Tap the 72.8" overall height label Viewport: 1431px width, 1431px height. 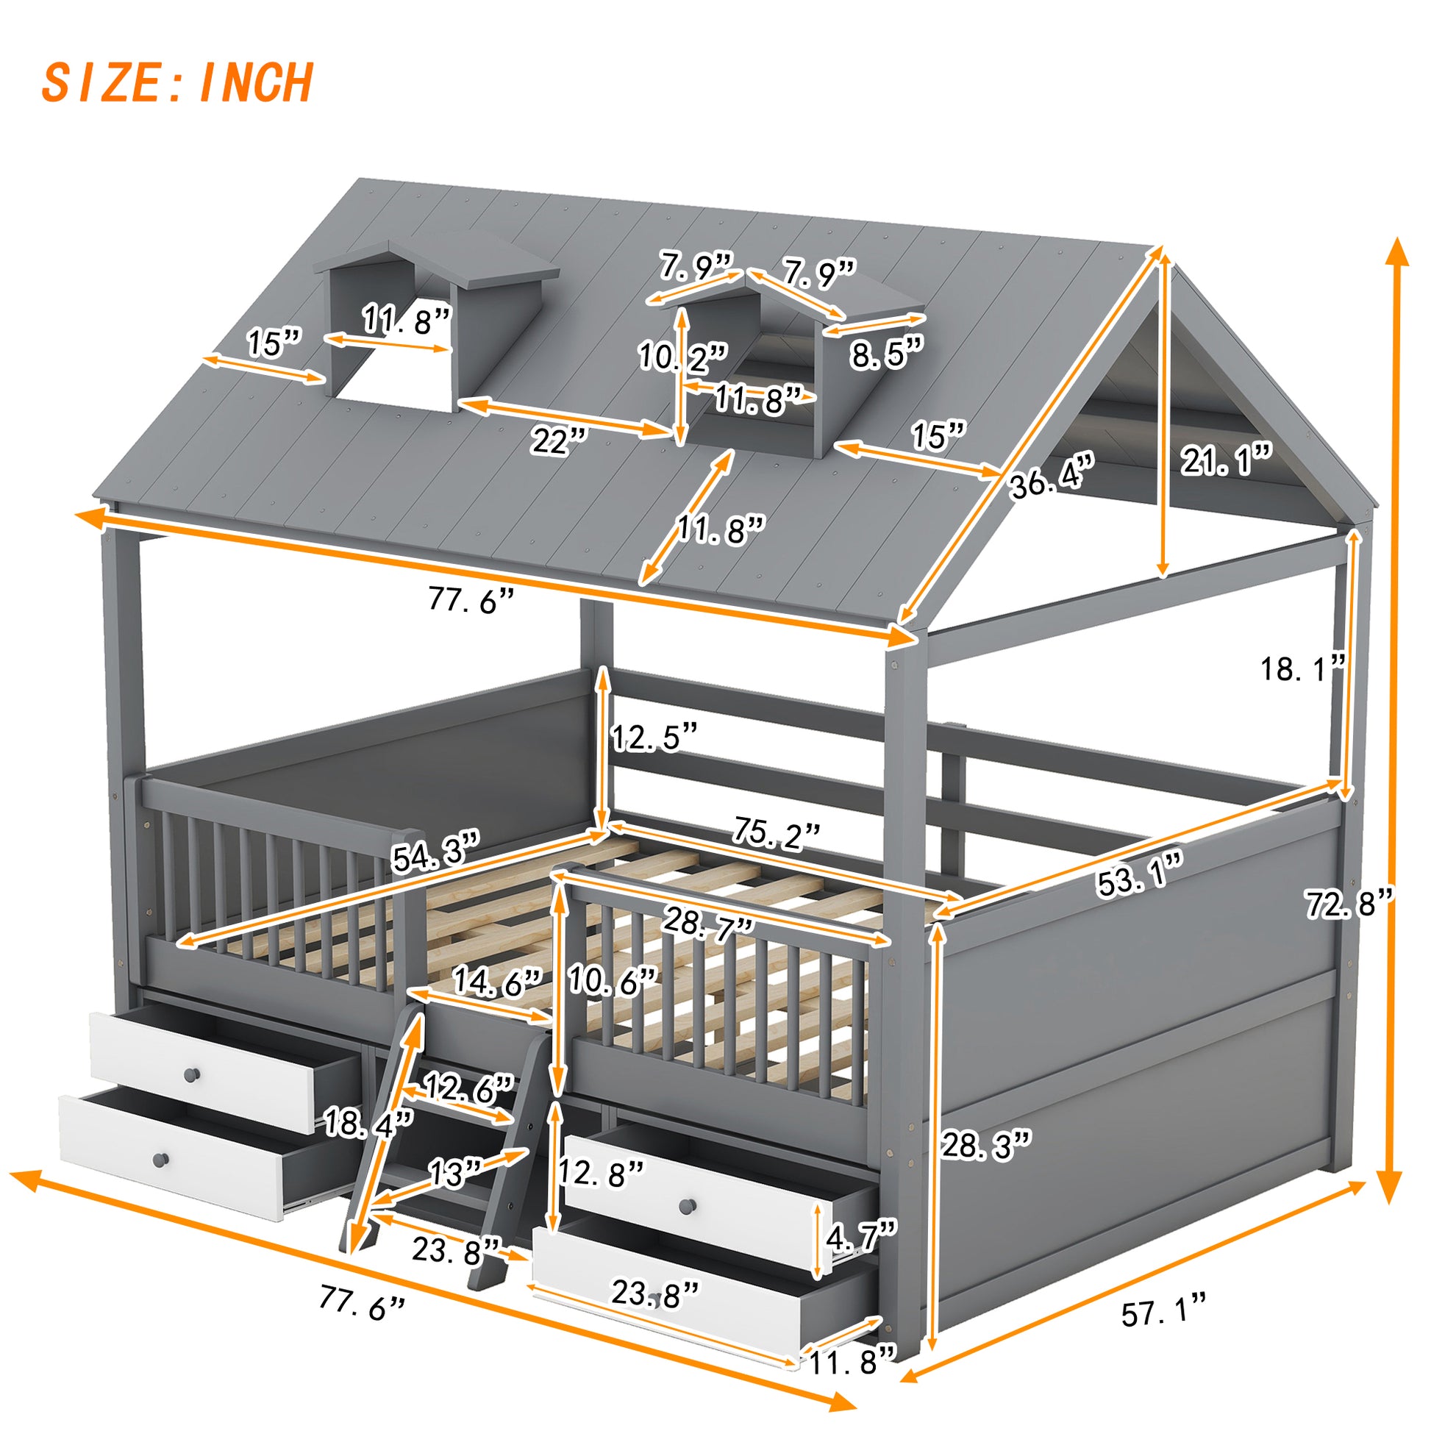(1349, 904)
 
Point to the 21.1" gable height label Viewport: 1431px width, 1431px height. (1226, 461)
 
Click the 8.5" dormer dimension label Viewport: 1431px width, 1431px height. (887, 354)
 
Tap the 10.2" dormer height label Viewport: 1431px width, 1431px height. (683, 357)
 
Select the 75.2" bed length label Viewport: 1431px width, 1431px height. (777, 833)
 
